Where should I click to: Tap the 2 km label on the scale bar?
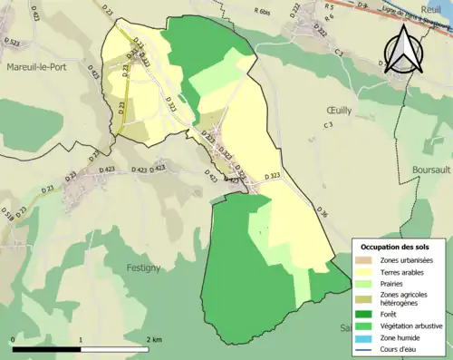(x=155, y=338)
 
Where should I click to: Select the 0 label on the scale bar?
(x=13, y=338)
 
